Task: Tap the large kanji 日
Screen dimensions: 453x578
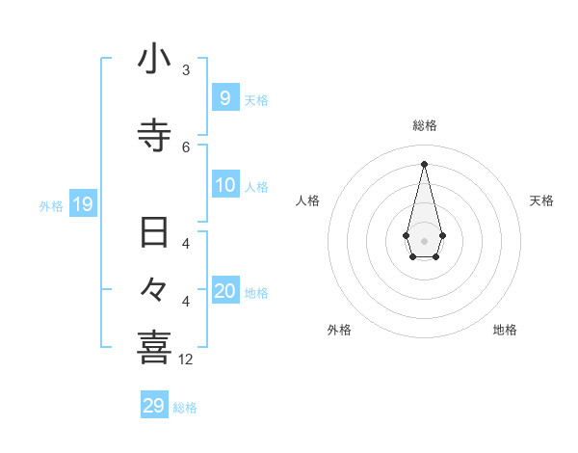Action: pyautogui.click(x=154, y=233)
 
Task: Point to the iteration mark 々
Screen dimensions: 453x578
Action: pyautogui.click(x=154, y=288)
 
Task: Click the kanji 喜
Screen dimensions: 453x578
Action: pyautogui.click(x=154, y=347)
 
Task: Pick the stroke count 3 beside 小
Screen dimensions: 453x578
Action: pyautogui.click(x=186, y=70)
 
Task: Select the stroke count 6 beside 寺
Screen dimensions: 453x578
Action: pyautogui.click(x=186, y=147)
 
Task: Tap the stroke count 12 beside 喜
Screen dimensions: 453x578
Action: pyautogui.click(x=186, y=360)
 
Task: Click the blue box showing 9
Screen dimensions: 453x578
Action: pyautogui.click(x=224, y=97)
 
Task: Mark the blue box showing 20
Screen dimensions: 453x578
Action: pyautogui.click(x=224, y=290)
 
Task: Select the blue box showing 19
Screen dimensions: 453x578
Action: pyautogui.click(x=82, y=203)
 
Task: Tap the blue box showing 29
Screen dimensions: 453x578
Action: pyautogui.click(x=154, y=406)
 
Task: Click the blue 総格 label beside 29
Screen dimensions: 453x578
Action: pyautogui.click(x=185, y=408)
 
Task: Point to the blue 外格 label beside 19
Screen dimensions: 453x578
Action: pyautogui.click(x=51, y=205)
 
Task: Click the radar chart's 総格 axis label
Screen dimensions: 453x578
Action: pyautogui.click(x=424, y=125)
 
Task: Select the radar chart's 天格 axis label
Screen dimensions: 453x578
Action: pyautogui.click(x=542, y=200)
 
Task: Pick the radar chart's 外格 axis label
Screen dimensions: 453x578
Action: pyautogui.click(x=339, y=330)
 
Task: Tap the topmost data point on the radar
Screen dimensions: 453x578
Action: pyautogui.click(x=424, y=163)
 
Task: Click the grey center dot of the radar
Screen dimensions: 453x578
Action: pyautogui.click(x=424, y=240)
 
